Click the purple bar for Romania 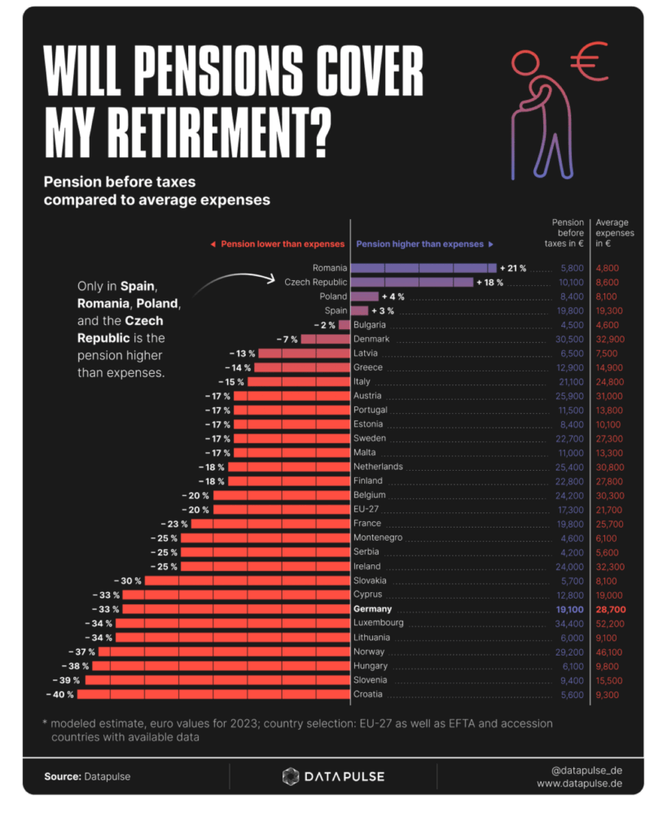pos(423,268)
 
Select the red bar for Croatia pos(214,695)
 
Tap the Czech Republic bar pos(411,282)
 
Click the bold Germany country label pos(372,609)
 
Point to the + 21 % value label pos(513,268)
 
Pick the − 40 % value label pos(60,695)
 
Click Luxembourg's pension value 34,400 pos(568,623)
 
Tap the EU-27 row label pos(366,509)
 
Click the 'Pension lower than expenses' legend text pos(277,244)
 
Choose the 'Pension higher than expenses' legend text pos(420,244)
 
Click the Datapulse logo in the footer pos(333,776)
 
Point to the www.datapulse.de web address pos(579,784)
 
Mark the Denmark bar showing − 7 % pos(325,339)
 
